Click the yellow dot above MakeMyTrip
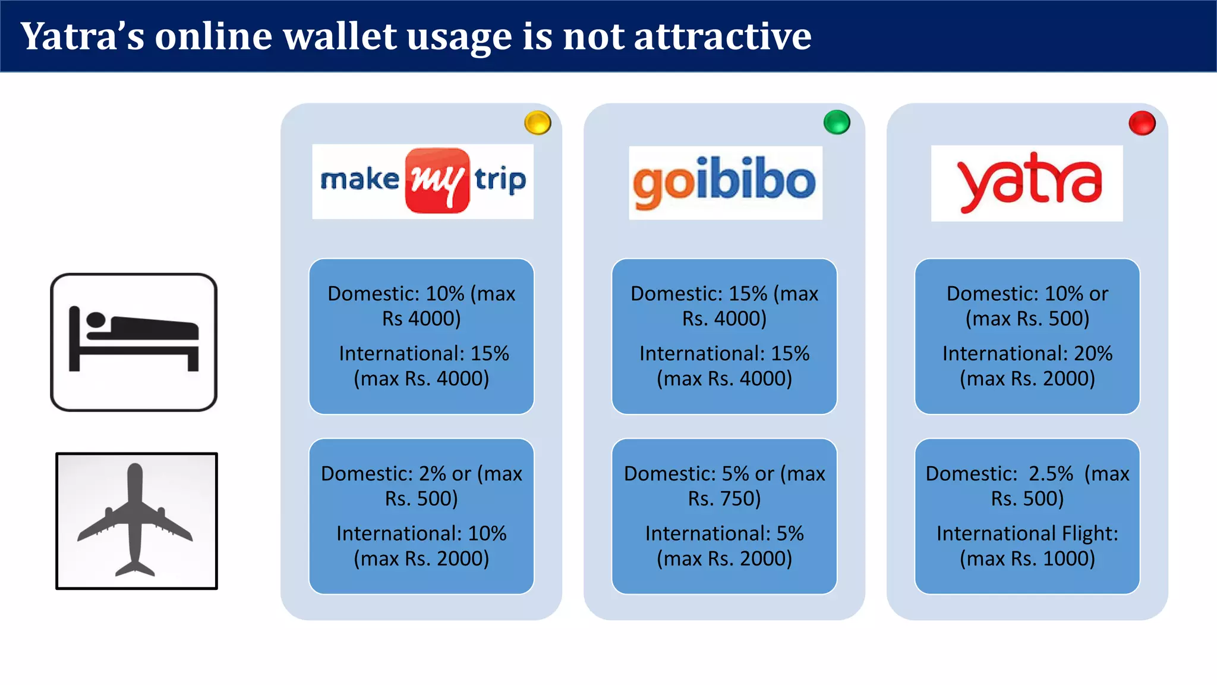coord(538,123)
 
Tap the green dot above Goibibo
coord(837,122)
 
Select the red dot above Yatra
coord(1142,123)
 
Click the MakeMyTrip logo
coord(423,181)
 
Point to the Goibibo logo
coord(725,183)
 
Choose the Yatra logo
coord(1027,183)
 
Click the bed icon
coord(134,342)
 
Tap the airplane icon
coord(136,521)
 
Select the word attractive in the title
coord(722,37)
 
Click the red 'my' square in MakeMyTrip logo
coord(437,180)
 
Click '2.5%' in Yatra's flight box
coord(1051,474)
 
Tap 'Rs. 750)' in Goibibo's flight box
coord(724,499)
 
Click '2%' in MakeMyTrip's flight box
coord(432,474)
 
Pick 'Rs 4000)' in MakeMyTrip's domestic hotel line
coord(421,319)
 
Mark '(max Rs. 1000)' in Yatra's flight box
coord(1027,559)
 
